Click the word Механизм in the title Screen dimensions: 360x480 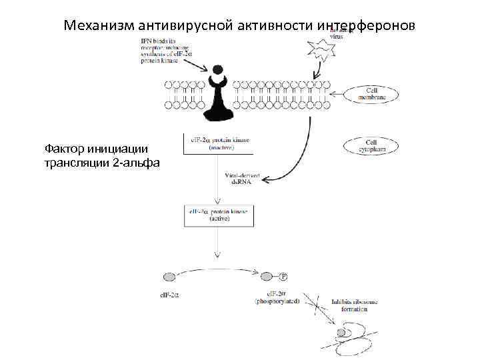(99, 25)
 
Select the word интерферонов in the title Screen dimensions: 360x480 (367, 25)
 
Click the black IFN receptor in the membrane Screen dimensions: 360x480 (218, 100)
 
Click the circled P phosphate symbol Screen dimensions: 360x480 (283, 276)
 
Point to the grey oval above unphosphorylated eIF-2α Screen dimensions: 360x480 (169, 277)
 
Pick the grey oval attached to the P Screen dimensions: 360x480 (267, 276)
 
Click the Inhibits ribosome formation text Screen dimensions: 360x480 (354, 305)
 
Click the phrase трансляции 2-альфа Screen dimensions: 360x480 (101, 162)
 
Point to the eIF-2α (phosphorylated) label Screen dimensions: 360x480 (277, 297)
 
